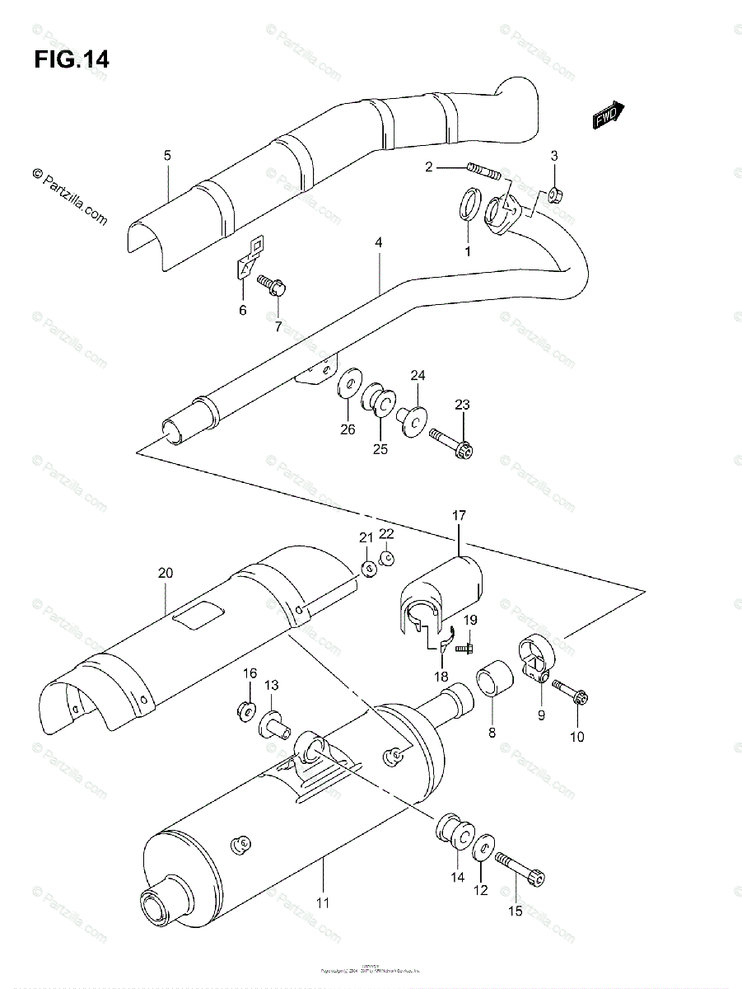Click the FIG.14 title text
coord(72,60)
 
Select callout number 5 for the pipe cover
coord(167,155)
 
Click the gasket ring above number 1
coord(467,205)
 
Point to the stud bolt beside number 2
coord(483,171)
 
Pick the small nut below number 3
coord(553,195)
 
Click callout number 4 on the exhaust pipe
coord(378,242)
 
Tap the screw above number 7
coord(271,285)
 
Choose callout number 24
coord(418,376)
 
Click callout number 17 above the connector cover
coord(459,516)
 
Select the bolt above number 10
coord(571,691)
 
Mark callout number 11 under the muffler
coord(324,902)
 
